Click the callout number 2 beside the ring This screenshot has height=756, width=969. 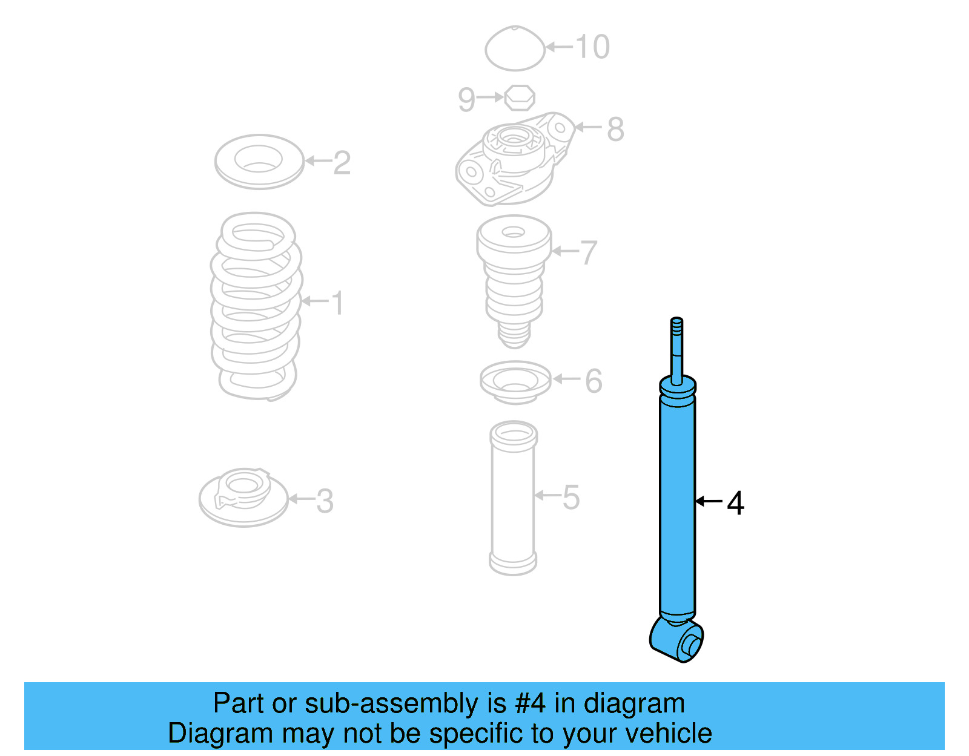click(x=342, y=162)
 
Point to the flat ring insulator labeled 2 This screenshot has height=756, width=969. click(x=259, y=161)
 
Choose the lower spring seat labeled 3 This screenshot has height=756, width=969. click(x=243, y=498)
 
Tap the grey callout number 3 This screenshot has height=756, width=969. click(x=325, y=501)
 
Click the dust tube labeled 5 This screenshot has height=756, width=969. click(x=513, y=498)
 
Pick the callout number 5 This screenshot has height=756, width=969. click(x=571, y=497)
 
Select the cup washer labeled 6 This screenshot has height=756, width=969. click(x=515, y=382)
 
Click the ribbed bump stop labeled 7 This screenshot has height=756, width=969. click(x=514, y=278)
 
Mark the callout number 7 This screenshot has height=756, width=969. click(x=589, y=252)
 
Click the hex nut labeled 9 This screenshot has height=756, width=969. click(x=520, y=97)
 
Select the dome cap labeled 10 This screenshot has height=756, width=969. click(x=515, y=48)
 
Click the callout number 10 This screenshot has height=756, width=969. click(x=592, y=47)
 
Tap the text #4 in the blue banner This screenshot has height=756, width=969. click(x=530, y=704)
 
